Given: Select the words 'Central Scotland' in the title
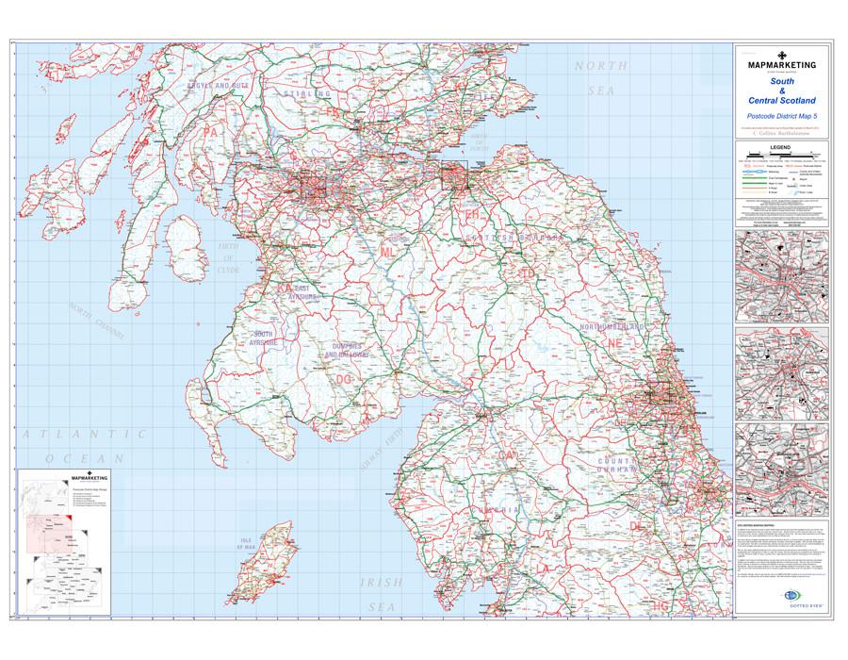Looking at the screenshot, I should point(781,99).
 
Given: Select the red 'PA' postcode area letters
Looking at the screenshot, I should point(210,135).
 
